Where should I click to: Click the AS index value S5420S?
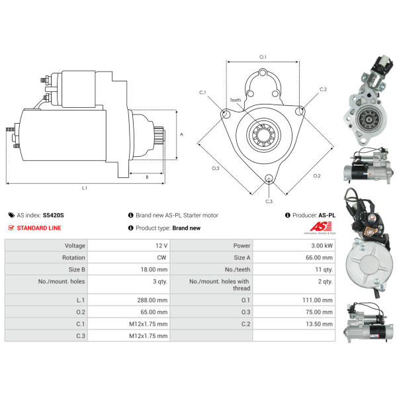(54, 215)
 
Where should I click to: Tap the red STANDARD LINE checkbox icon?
(11, 228)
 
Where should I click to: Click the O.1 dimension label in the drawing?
(263, 57)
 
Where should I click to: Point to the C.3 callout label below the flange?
(269, 200)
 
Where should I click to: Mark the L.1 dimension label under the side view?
(84, 189)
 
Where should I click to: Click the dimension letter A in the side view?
(181, 134)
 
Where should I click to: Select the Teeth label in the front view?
(236, 100)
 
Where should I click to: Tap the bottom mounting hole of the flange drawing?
(269, 179)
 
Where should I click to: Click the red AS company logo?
(320, 228)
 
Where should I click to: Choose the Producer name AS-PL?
(327, 215)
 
